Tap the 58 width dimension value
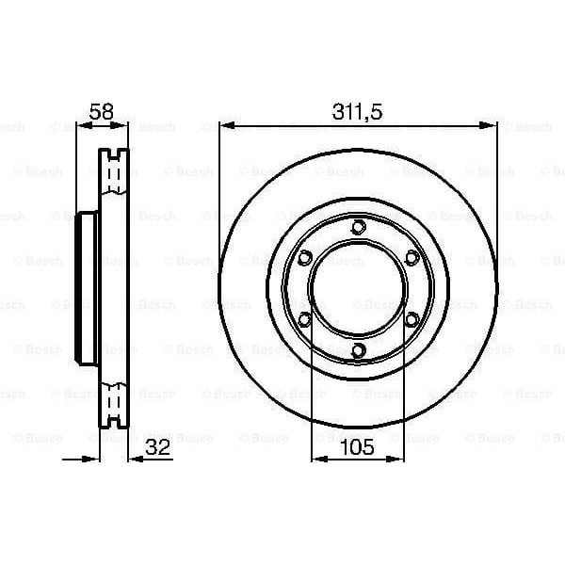pos(101,111)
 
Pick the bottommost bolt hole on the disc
pos(358,351)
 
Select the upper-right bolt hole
pos(412,257)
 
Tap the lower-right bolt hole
pos(412,320)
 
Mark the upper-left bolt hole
pos(303,257)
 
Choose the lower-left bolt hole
pos(303,320)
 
